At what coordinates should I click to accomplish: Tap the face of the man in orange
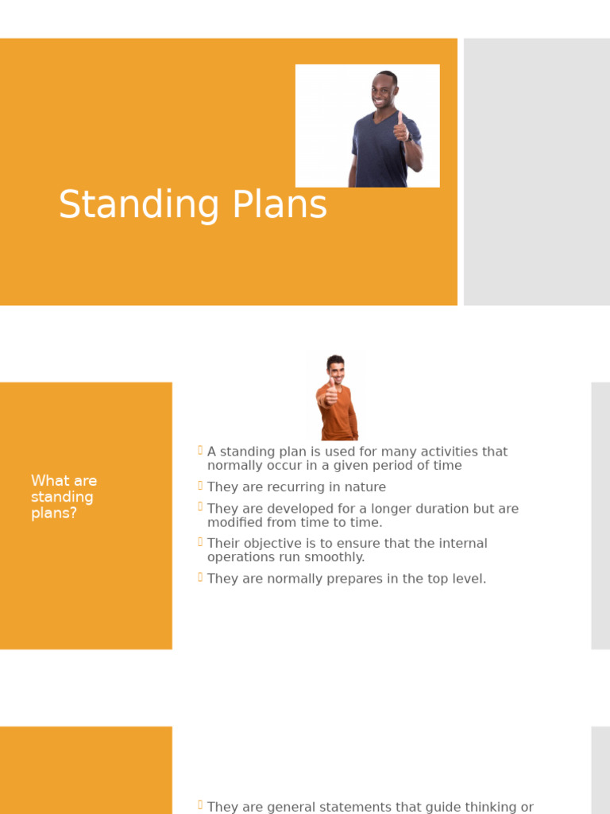tap(336, 371)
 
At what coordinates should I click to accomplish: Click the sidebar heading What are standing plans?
tap(63, 497)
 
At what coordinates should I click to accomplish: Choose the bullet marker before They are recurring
tap(200, 486)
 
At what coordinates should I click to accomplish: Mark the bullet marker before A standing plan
tap(200, 451)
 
